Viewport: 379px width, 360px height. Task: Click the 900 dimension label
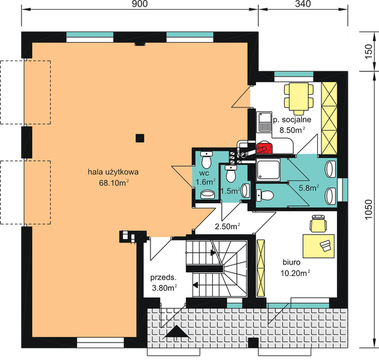pos(140,4)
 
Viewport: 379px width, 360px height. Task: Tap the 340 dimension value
pos(303,4)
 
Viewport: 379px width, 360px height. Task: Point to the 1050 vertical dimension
pos(368,209)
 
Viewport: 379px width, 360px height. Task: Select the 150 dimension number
pos(368,51)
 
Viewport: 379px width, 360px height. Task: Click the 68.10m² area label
pos(113,183)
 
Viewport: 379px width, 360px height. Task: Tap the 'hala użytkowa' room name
pos(113,172)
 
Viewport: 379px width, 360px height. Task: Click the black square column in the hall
pos(140,138)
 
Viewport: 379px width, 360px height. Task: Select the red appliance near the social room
pos(264,148)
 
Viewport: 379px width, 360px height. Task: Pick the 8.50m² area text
pos(292,130)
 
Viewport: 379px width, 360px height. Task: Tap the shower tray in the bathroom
pos(268,169)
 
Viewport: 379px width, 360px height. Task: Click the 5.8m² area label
pos(309,188)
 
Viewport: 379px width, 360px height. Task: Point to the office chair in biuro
pos(318,223)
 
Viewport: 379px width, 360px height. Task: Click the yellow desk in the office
pos(318,246)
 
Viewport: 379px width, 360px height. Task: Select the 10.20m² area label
pos(296,273)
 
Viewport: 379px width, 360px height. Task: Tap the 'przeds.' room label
pos(163,277)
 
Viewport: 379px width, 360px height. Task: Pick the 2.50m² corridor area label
pos(227,227)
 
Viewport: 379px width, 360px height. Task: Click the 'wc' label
pos(204,173)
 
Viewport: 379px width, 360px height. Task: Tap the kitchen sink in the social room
pos(264,122)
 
